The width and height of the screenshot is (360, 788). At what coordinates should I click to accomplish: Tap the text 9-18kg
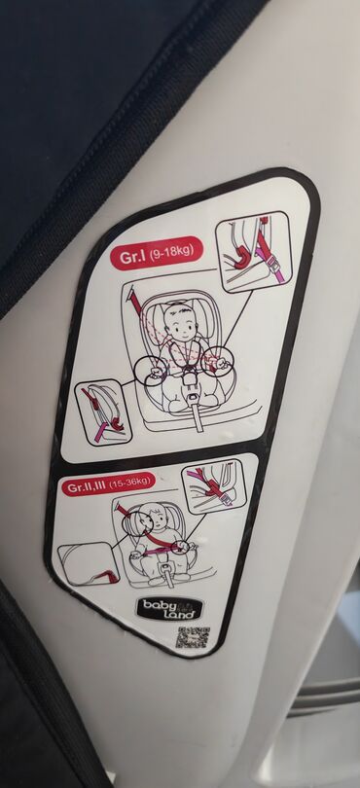172,251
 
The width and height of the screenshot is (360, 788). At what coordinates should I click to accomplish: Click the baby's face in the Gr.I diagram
180,322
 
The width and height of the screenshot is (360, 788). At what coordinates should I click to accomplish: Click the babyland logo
169,608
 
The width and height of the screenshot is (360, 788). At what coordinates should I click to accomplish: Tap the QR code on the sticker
193,638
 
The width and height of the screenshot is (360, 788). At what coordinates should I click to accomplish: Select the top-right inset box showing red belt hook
254,251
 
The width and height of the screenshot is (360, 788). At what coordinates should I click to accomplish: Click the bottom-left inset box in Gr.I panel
103,412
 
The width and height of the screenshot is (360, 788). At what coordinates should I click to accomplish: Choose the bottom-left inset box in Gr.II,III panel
89,564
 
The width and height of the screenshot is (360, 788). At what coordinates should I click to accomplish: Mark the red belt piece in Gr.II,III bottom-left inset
107,575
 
